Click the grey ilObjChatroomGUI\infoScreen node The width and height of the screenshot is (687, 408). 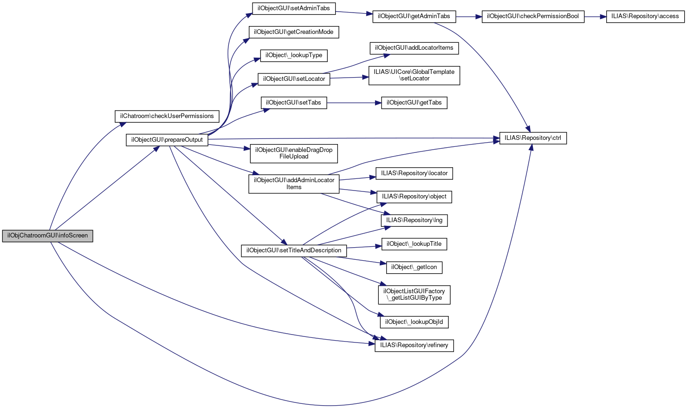pyautogui.click(x=47, y=236)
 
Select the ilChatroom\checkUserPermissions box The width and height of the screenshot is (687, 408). pyautogui.click(x=167, y=116)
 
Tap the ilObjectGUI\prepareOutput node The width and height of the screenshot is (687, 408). pyautogui.click(x=167, y=140)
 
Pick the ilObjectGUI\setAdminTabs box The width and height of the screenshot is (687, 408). pyautogui.click(x=293, y=8)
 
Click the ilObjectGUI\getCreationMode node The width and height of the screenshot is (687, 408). pyautogui.click(x=293, y=32)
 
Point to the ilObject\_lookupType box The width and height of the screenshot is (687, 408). pyautogui.click(x=293, y=56)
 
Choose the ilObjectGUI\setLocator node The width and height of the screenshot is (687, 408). pyautogui.click(x=293, y=79)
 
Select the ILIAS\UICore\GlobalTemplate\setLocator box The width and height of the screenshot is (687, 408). pyautogui.click(x=414, y=76)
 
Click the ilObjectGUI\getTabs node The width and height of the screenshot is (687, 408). pyautogui.click(x=414, y=103)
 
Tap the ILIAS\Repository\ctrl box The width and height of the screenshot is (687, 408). pyautogui.click(x=533, y=138)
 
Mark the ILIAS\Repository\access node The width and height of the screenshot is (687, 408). pyautogui.click(x=645, y=17)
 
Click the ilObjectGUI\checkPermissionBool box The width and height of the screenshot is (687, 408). pyautogui.click(x=533, y=17)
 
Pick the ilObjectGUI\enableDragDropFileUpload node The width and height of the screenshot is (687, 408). pyautogui.click(x=293, y=153)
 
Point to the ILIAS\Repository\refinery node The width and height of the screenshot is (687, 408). pyautogui.click(x=414, y=346)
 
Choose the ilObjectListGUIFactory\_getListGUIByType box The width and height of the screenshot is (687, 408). pyautogui.click(x=414, y=295)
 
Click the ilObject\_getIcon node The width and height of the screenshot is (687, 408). pyautogui.click(x=414, y=268)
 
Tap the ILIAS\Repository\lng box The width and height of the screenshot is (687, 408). pyautogui.click(x=414, y=221)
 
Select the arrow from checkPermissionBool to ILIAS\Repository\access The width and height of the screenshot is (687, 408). pyautogui.click(x=595, y=17)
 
